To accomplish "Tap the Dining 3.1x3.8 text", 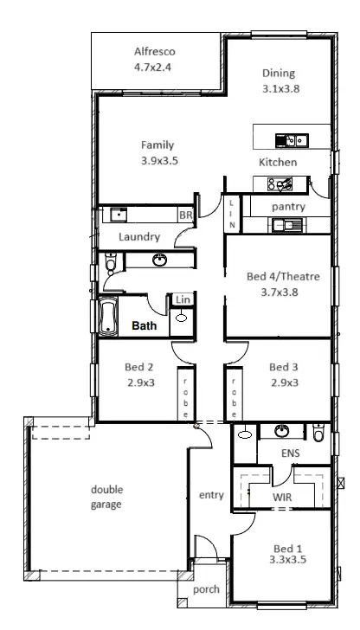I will [278, 74].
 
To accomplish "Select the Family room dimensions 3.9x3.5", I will [158, 160].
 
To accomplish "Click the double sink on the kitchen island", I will [287, 139].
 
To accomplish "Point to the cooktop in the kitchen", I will [280, 183].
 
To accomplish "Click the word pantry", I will [286, 207].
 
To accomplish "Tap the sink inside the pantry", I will [284, 226].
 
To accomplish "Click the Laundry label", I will [138, 235].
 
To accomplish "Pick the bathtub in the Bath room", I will [108, 317].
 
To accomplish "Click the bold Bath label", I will [144, 326].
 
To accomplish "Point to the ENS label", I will [291, 453].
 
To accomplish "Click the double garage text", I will [106, 496].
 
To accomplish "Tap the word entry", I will [211, 495].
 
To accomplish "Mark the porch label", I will [207, 590].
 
